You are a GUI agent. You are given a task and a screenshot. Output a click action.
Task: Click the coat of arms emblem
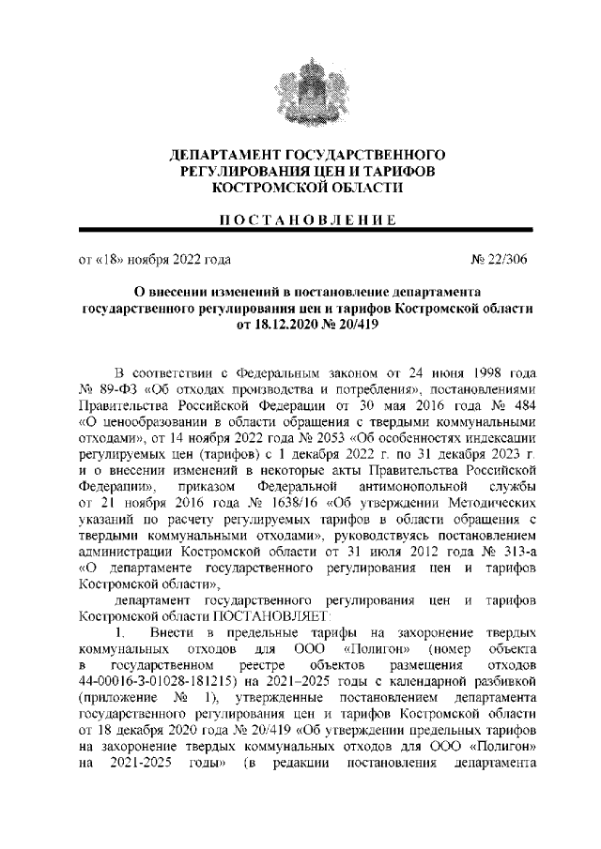pos(300,89)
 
